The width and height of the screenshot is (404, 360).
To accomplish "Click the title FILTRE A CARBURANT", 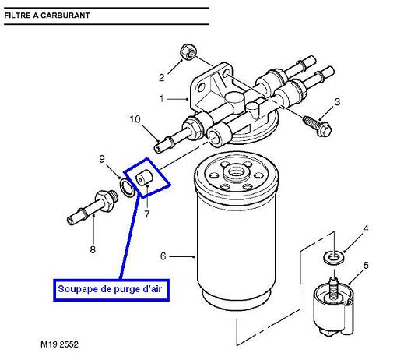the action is point(47,16).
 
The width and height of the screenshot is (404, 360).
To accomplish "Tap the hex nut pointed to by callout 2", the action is point(188,51).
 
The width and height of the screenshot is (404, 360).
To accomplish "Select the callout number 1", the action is point(162,99).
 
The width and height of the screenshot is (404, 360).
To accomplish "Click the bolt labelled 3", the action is point(318,125).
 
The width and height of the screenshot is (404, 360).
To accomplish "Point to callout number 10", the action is point(135,119).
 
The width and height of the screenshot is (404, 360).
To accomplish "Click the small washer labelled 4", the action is point(333,258).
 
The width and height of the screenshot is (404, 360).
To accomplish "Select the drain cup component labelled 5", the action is point(333,307).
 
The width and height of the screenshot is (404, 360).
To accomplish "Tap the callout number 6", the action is point(163,256).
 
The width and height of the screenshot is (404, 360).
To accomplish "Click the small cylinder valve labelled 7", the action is point(145,178).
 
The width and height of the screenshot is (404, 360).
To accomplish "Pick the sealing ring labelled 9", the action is point(127,189).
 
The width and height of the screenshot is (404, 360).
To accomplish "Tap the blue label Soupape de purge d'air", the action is point(111,289).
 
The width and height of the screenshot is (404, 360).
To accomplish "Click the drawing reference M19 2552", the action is point(59,344).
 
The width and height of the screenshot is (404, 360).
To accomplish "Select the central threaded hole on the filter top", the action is point(236,171).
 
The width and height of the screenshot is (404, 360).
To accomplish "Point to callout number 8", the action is point(93,249).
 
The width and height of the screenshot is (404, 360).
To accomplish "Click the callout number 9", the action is point(102,159).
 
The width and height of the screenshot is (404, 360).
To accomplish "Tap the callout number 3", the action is point(337,101).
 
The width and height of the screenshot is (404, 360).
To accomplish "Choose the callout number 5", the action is point(366,266).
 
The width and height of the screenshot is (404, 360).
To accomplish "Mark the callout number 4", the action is point(366,228).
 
